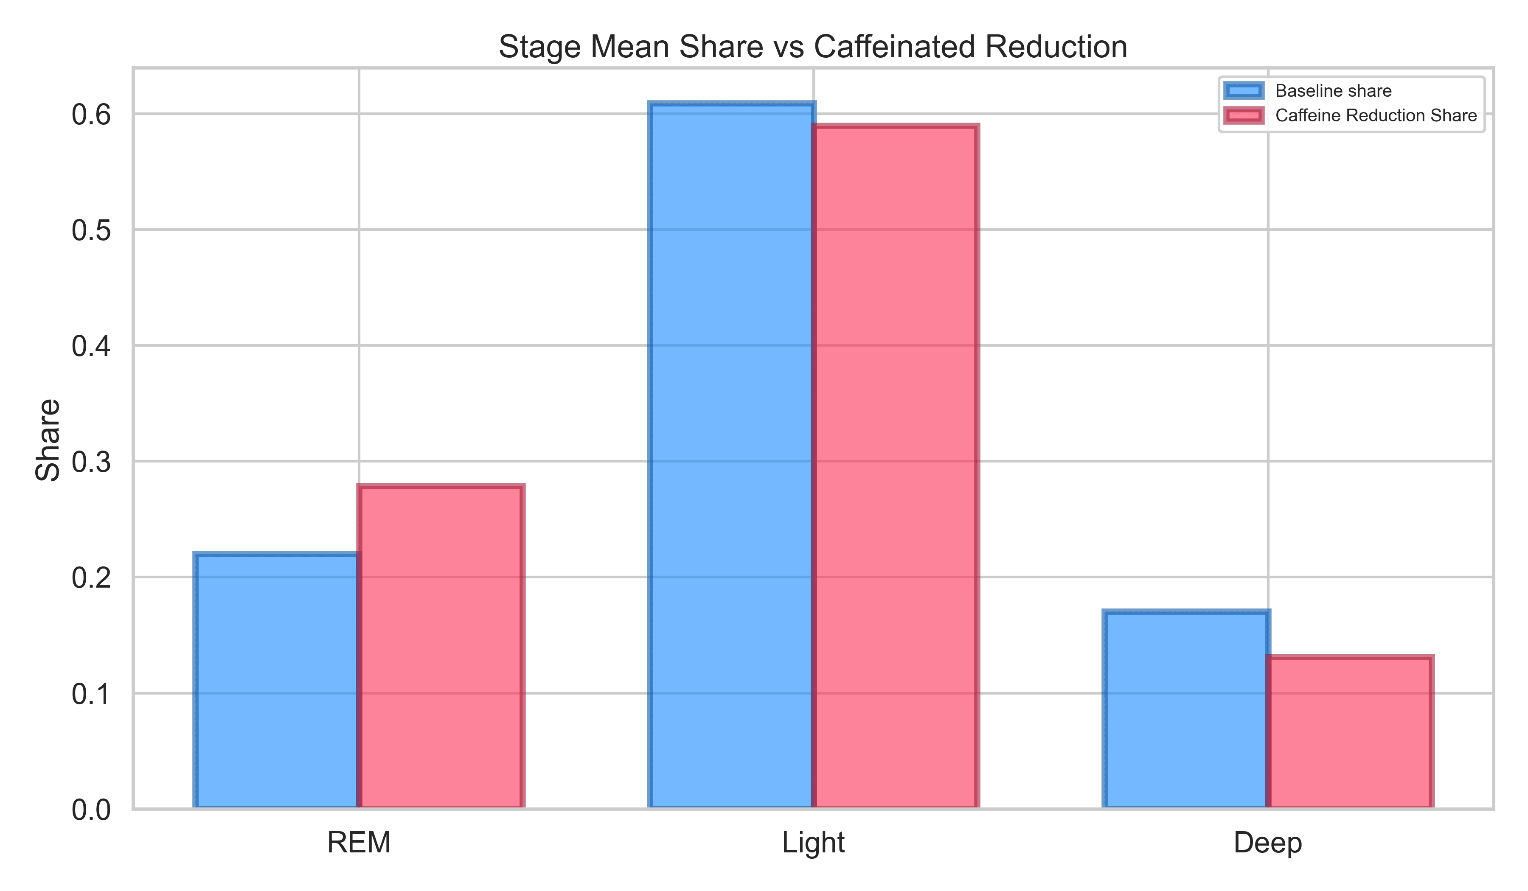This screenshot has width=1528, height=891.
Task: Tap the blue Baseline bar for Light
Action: (732, 456)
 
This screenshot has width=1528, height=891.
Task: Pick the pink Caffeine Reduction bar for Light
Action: (896, 467)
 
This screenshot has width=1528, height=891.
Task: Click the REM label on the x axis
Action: (359, 843)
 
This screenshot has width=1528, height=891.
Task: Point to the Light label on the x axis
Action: (813, 843)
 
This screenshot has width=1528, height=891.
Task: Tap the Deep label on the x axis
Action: (1268, 843)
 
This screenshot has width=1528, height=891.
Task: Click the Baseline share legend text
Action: (1333, 91)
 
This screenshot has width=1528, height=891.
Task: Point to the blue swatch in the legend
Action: (1244, 91)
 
